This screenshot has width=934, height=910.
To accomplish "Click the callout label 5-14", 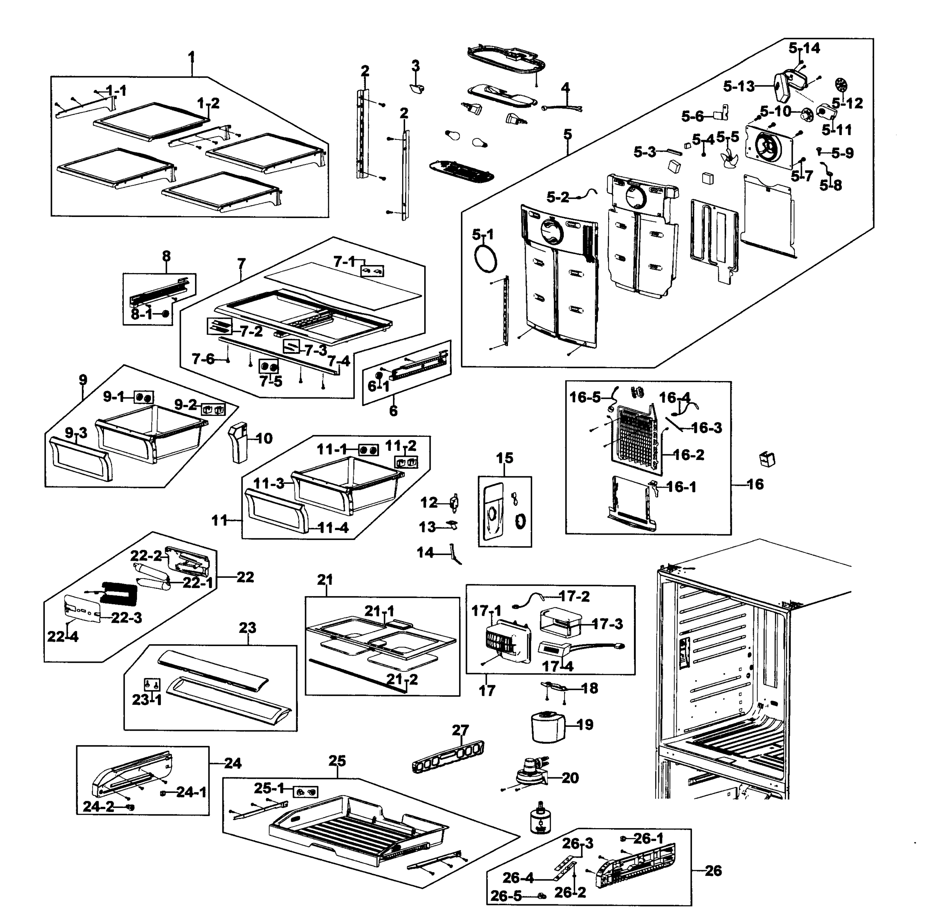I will pos(804,48).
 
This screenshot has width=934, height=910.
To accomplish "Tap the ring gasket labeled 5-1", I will pos(485,259).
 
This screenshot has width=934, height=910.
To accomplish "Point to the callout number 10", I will pos(264,438).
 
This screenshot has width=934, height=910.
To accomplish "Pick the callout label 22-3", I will pos(127,618).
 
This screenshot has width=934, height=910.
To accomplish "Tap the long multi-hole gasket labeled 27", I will pos(448,756).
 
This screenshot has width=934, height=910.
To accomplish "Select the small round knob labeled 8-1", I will pos(165,314).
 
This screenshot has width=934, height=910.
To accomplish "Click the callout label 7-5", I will pos(271,381).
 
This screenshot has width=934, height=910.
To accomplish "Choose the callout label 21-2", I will pos(402,679).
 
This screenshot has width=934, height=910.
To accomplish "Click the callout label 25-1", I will pos(269,788).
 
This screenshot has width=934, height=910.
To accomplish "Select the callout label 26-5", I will pos(506,896).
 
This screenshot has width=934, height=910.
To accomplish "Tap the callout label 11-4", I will pos(333,528).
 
